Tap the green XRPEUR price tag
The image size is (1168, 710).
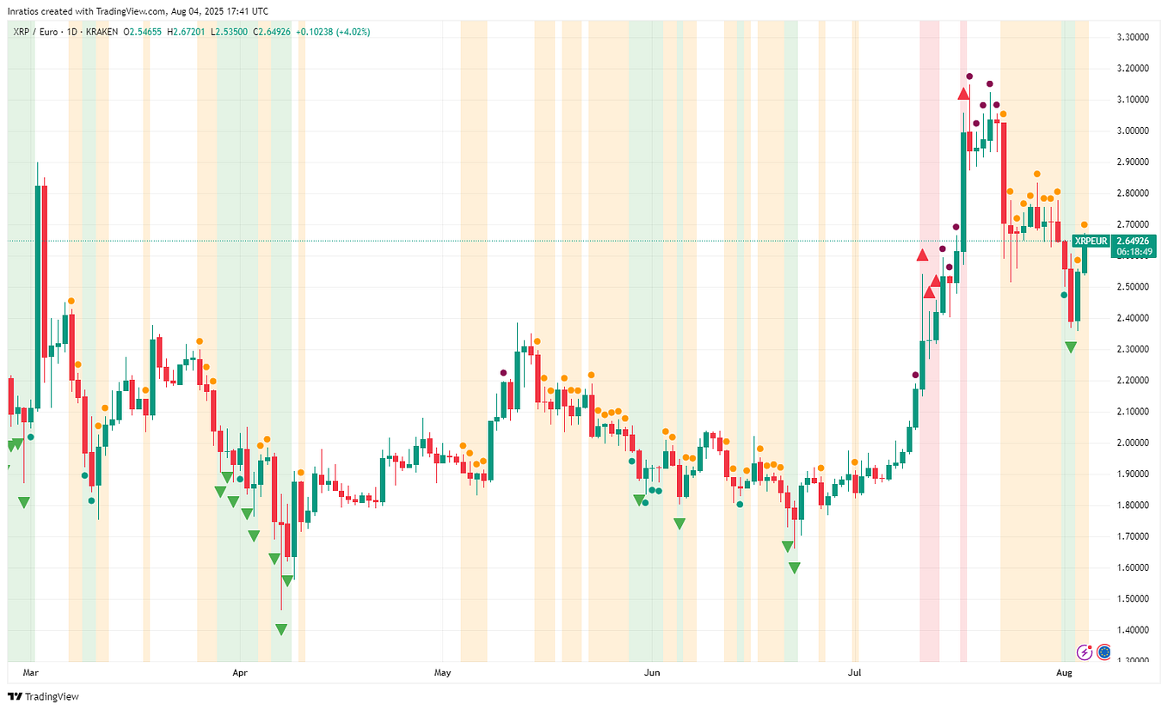pos(1091,241)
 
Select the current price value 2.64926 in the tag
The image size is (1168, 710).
pos(1134,241)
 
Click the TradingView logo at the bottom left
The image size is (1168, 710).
pos(43,696)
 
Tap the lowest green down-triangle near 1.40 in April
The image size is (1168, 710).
pos(281,629)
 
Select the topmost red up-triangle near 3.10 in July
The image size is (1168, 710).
pos(963,94)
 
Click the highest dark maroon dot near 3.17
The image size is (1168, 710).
pos(969,77)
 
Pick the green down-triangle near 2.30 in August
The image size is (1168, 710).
pos(1070,346)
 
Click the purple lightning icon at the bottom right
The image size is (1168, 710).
pos(1085,652)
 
